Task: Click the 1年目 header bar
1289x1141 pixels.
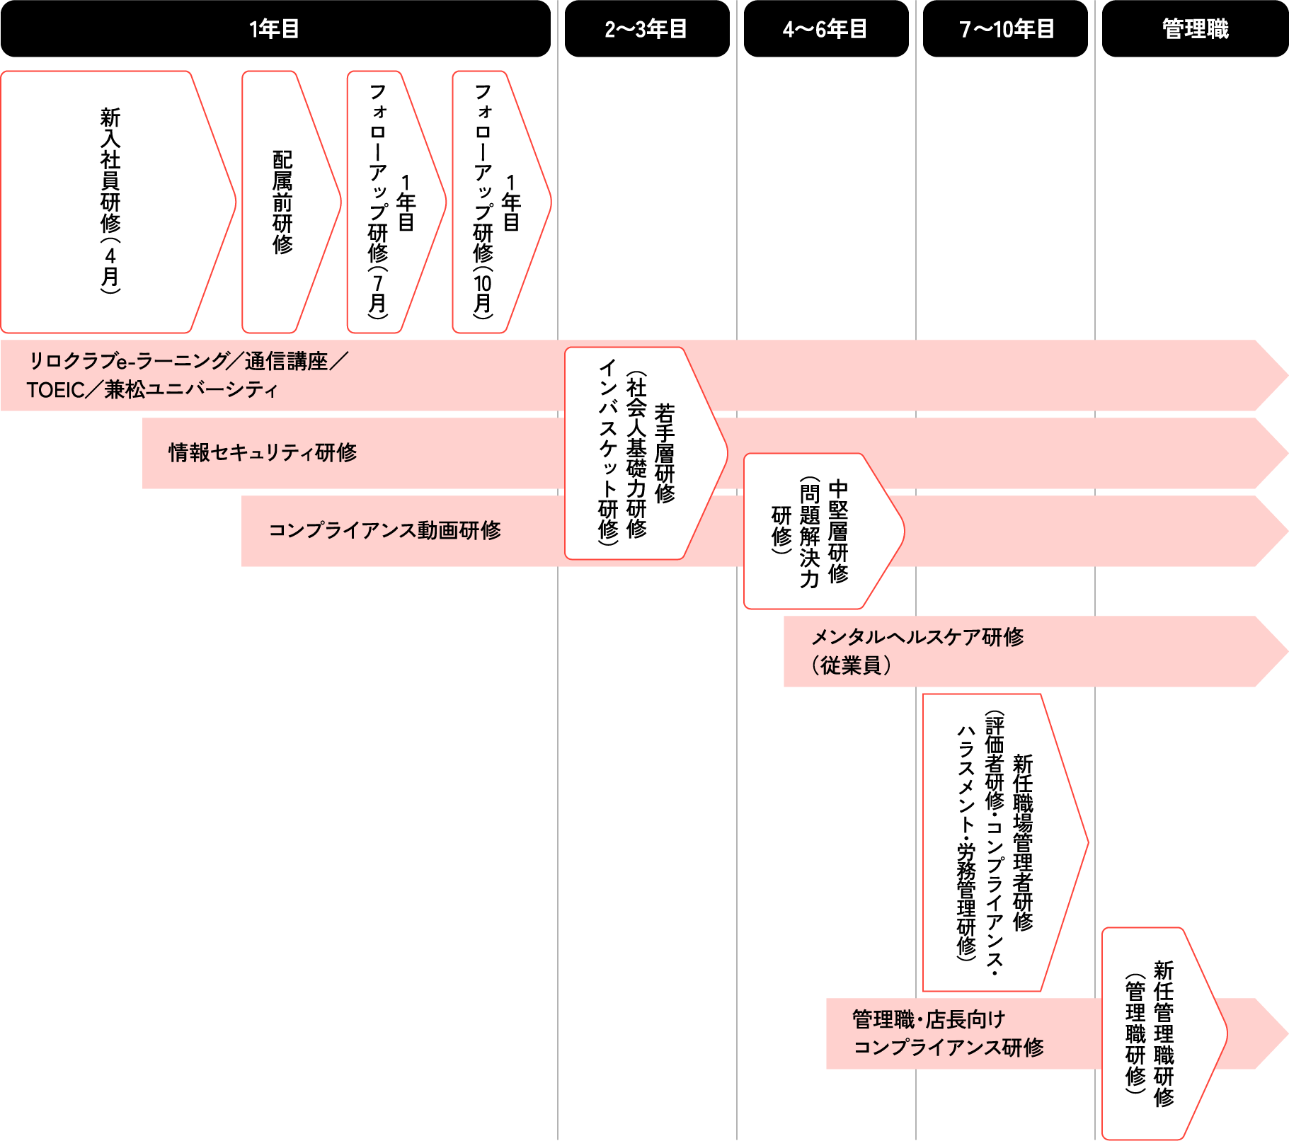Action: [x=275, y=29]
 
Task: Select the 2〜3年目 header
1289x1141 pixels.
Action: [x=646, y=29]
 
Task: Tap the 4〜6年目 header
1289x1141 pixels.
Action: [x=825, y=29]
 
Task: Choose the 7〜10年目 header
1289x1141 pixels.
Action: [x=1005, y=29]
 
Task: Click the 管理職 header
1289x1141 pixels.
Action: [x=1195, y=29]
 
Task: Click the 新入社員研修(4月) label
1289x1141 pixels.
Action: [x=110, y=200]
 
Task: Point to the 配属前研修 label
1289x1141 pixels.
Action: [x=282, y=202]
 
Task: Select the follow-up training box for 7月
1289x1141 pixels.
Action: [x=388, y=202]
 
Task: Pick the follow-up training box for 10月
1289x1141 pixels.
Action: [x=493, y=202]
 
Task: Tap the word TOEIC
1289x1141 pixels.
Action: [x=55, y=390]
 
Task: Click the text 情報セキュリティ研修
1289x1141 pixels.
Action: [x=263, y=452]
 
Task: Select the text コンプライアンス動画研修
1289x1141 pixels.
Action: [x=385, y=530]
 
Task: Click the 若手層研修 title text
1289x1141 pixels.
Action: [x=665, y=453]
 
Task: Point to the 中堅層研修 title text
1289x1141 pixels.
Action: [x=838, y=531]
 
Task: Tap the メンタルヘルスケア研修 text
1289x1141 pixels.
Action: [x=917, y=637]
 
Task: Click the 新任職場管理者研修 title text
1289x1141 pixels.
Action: [x=1023, y=842]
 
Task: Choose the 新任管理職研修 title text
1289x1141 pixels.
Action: [x=1164, y=1033]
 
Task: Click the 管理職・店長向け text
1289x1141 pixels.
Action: [x=929, y=1020]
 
